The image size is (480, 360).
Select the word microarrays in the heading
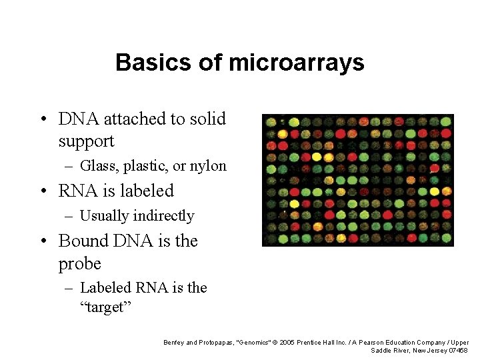(297, 63)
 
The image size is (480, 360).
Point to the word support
(86, 141)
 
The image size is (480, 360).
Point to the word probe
(79, 264)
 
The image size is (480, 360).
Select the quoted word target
(107, 309)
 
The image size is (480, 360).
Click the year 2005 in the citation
(287, 343)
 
